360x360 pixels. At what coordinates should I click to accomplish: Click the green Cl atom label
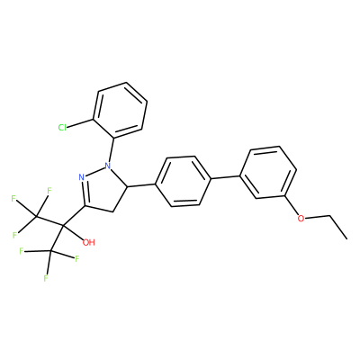62,128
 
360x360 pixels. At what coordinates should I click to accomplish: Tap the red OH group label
88,242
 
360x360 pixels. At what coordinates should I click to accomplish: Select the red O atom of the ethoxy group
301,218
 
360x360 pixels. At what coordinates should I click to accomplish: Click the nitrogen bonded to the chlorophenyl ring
108,165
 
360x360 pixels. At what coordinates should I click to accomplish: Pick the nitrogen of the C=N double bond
82,177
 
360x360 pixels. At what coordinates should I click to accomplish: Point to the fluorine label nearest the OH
77,258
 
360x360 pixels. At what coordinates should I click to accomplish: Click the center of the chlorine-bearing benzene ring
121,111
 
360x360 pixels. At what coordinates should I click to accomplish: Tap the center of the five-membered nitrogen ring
103,189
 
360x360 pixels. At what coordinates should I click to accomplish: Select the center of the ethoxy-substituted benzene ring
268,172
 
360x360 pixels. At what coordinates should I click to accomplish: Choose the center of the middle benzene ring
184,181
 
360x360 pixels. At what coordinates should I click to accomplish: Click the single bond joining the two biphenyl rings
226,177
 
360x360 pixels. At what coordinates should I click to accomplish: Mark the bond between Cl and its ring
80,123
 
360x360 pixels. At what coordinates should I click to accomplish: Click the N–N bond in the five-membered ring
94,171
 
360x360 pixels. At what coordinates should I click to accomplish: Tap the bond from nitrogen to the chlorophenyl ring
111,149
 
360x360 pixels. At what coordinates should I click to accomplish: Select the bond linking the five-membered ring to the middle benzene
141,184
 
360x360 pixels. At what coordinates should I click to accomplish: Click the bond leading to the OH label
74,231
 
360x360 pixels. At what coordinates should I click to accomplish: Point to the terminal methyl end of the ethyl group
347,238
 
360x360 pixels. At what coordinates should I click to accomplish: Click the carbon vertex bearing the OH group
63,224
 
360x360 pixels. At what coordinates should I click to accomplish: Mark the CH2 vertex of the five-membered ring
112,211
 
